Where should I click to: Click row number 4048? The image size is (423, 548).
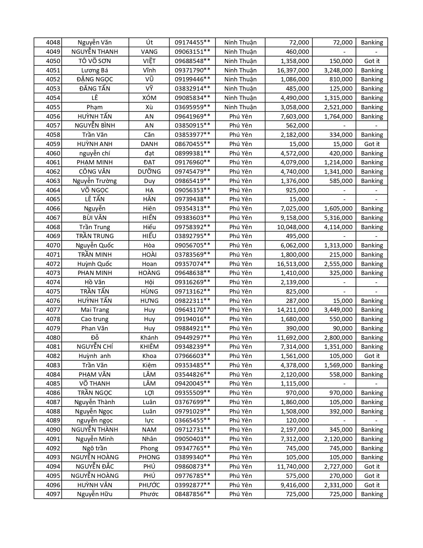pyautogui.click(x=53, y=43)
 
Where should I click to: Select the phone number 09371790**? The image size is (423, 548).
pyautogui.click(x=192, y=70)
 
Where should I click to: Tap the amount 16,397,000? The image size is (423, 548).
pyautogui.click(x=293, y=70)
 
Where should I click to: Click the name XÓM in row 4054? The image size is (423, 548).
pyautogui.click(x=149, y=98)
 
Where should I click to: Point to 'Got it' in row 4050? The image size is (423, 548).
pyautogui.click(x=372, y=61)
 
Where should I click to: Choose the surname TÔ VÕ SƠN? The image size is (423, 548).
pyautogui.click(x=95, y=61)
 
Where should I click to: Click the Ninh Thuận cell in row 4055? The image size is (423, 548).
pyautogui.click(x=241, y=107)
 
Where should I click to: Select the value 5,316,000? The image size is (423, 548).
pyautogui.click(x=338, y=218)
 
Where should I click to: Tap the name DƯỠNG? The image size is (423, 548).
pyautogui.click(x=149, y=171)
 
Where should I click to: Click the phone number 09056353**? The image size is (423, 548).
pyautogui.click(x=192, y=190)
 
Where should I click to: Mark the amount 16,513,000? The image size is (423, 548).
pyautogui.click(x=293, y=264)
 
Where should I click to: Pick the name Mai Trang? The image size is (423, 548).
pyautogui.click(x=95, y=310)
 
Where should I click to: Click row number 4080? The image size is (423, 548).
pyautogui.click(x=53, y=337)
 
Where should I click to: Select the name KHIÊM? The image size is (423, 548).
pyautogui.click(x=149, y=346)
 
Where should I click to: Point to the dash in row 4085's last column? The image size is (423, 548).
pyautogui.click(x=376, y=383)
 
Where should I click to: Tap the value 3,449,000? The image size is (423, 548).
pyautogui.click(x=338, y=310)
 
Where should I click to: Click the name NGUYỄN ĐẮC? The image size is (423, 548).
pyautogui.click(x=95, y=466)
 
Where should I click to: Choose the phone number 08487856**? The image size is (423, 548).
pyautogui.click(x=192, y=494)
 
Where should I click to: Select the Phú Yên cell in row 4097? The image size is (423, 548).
pyautogui.click(x=241, y=494)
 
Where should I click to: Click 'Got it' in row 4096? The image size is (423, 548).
pyautogui.click(x=372, y=485)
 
